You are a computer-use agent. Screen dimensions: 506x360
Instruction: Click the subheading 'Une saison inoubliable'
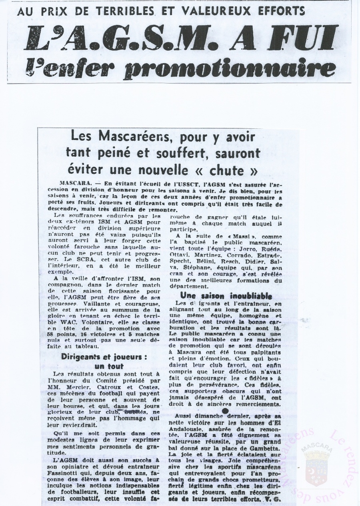pyautogui.click(x=226, y=296)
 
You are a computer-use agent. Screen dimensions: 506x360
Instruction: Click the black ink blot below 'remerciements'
pyautogui.click(x=225, y=411)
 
